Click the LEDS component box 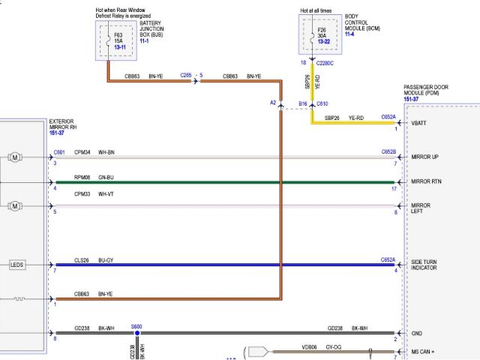pyautogui.click(x=17, y=265)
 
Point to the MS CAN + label pyautogui.click(x=423, y=351)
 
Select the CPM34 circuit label pyautogui.click(x=82, y=152)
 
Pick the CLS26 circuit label pyautogui.click(x=82, y=259)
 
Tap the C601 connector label pyautogui.click(x=59, y=152)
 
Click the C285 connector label pyautogui.click(x=187, y=76)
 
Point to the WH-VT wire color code pyautogui.click(x=107, y=194)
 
